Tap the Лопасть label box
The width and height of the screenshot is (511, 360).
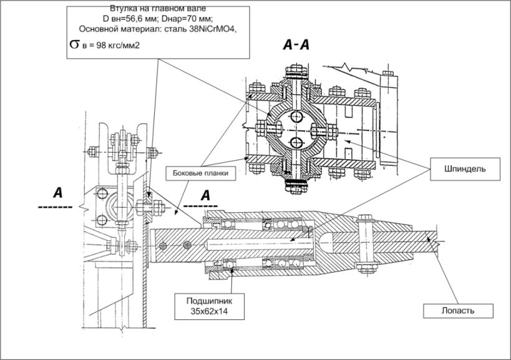pyautogui.click(x=458, y=309)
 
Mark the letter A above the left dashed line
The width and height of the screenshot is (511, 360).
pyautogui.click(x=57, y=192)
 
